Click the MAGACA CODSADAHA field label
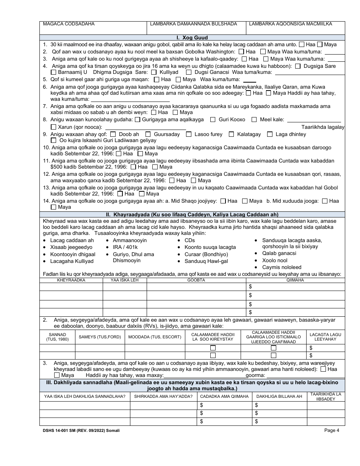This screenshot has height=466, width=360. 69,24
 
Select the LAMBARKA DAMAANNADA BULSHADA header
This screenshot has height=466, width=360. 193,24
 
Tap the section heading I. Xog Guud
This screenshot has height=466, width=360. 192,38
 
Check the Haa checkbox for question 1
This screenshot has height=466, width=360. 302,44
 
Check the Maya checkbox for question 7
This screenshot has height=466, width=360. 175,112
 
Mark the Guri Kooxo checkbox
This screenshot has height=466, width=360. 213,119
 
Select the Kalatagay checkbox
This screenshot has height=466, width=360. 232,134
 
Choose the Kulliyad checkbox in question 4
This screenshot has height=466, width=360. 154,72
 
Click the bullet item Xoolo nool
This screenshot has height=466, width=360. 275,260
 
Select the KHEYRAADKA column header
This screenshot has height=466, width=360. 71,280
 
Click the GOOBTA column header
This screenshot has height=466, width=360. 196,280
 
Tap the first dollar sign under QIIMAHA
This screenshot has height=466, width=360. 250,287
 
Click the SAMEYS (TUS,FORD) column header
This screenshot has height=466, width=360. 100,337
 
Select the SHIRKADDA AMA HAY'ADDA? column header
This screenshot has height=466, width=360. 163,396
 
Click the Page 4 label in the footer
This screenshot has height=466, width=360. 332,430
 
